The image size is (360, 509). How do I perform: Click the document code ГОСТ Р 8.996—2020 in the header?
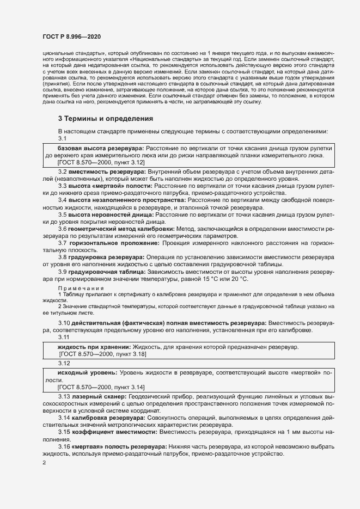[x=71, y=36]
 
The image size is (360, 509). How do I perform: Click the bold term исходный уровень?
[x=87, y=372]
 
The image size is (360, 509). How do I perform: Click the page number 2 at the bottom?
[x=44, y=463]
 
